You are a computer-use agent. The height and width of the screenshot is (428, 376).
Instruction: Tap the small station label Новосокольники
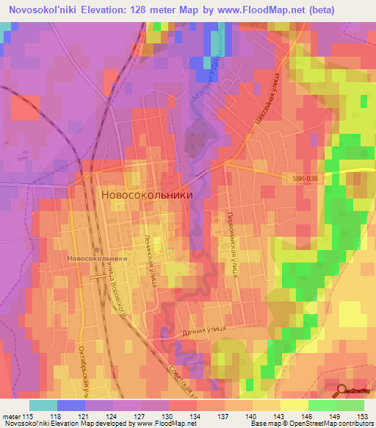pos(96,259)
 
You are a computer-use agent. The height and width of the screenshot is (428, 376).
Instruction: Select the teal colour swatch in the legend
pos(43,405)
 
